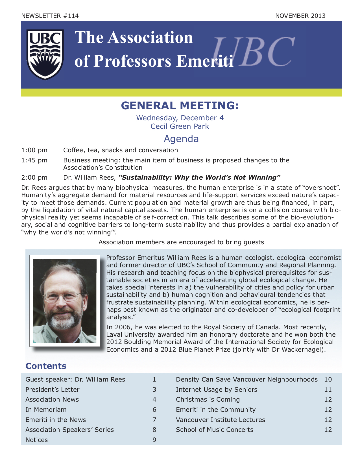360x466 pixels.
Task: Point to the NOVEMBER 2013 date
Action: (x=300, y=16)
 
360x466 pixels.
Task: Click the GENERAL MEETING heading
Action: (x=180, y=106)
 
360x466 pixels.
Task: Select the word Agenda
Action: (x=181, y=139)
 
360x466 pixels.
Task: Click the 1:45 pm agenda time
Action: (x=34, y=160)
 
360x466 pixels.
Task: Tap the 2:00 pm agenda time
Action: (x=34, y=178)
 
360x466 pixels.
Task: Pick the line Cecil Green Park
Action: (x=180, y=126)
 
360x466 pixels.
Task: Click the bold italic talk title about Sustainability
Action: (x=199, y=178)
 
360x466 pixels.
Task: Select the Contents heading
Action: (x=46, y=366)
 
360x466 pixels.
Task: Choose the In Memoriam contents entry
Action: (x=46, y=410)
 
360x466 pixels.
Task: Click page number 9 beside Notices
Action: (x=154, y=440)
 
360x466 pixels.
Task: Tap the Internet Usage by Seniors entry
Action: (x=216, y=390)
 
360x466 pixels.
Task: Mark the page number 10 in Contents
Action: (x=328, y=380)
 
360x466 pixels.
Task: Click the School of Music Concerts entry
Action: (x=214, y=430)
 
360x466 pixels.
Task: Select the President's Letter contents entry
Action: (x=52, y=390)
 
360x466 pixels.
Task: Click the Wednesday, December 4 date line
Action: (x=180, y=118)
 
